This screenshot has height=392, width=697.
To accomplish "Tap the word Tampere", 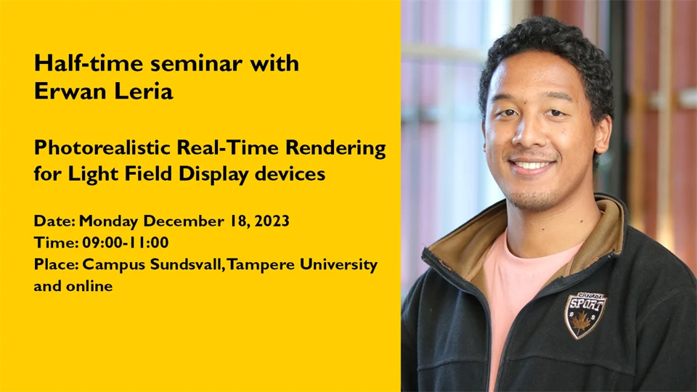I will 262,264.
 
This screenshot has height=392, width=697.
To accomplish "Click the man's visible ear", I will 602,134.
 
